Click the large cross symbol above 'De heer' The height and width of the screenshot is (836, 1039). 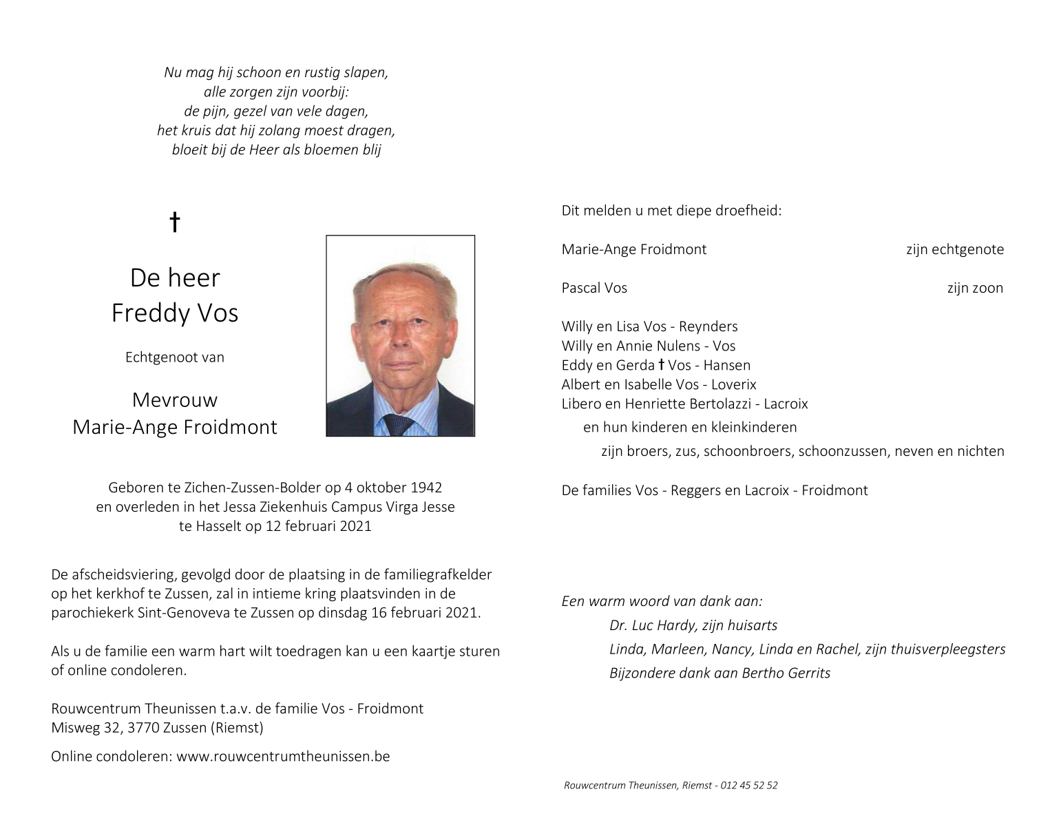175,222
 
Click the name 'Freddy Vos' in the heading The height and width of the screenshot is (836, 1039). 175,313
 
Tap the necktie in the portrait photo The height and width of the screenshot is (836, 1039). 398,424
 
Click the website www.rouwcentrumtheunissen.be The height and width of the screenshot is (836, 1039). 283,756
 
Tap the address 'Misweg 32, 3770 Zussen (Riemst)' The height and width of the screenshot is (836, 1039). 157,727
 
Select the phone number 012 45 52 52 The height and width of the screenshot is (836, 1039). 749,785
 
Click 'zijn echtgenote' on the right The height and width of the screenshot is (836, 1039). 954,249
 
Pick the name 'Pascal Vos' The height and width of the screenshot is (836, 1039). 594,288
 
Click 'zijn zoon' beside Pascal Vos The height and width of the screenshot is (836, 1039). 974,288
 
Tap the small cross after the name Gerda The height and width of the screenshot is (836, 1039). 662,365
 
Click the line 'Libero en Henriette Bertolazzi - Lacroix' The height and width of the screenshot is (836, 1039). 684,404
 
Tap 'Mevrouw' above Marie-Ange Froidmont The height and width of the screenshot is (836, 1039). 175,399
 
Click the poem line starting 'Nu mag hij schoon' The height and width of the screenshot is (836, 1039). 276,72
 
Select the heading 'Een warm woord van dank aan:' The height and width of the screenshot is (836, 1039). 662,601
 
